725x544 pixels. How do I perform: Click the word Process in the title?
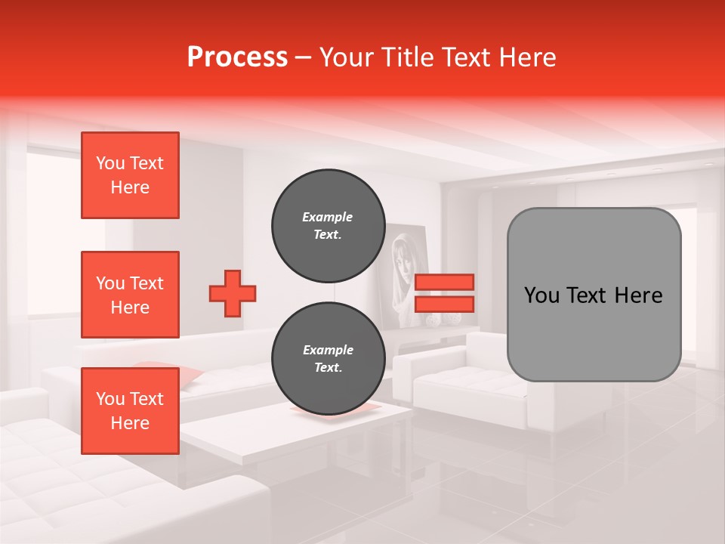tap(237, 57)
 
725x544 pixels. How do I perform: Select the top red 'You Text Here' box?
tap(130, 175)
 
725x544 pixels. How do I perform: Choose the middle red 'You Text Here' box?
tap(130, 295)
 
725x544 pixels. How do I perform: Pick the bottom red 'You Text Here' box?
tap(130, 411)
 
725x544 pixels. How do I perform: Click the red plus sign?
tap(233, 293)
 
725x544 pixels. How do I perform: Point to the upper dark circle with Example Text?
tap(329, 225)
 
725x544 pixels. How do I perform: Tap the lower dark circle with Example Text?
tap(329, 359)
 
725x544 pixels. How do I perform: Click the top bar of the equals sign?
tap(444, 282)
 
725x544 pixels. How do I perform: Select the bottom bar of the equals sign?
tap(444, 304)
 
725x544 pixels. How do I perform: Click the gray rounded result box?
tap(594, 295)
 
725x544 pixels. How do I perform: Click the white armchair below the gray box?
tap(483, 385)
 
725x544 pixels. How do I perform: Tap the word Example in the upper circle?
tap(328, 217)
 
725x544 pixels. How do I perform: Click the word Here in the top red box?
tap(130, 187)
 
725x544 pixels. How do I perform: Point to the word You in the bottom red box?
tap(110, 399)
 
